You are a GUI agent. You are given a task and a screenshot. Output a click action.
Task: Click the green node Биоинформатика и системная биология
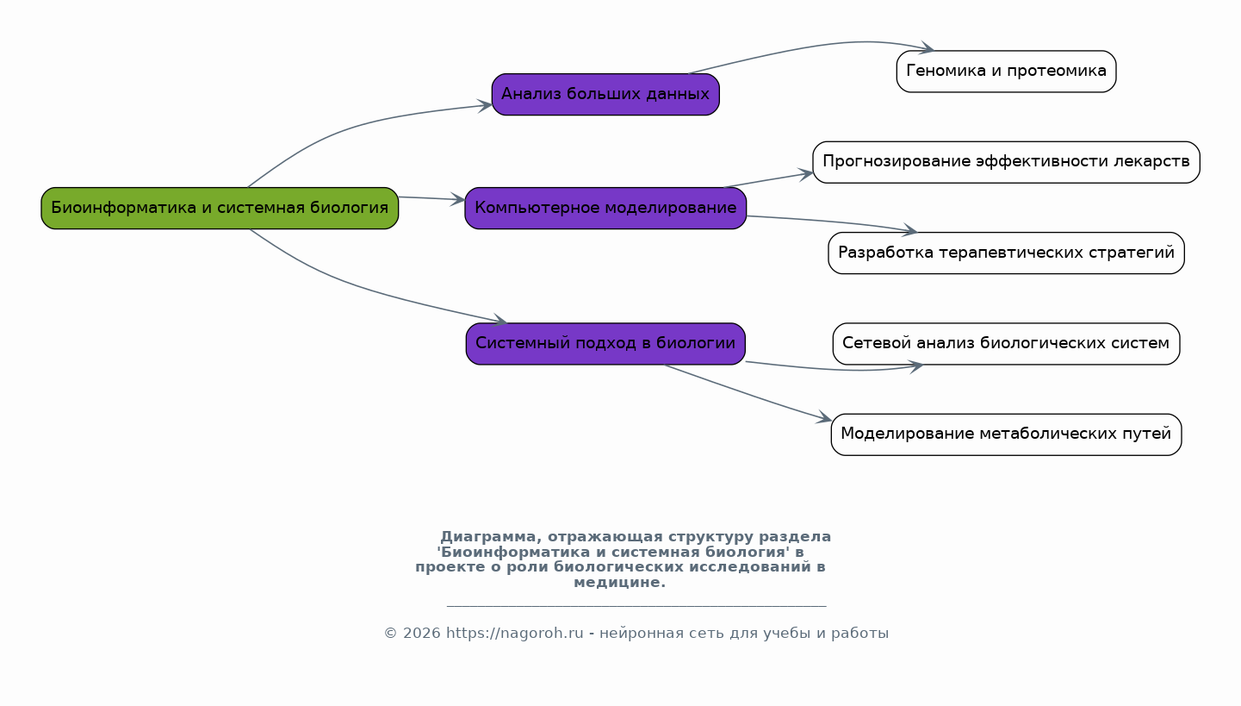tap(220, 208)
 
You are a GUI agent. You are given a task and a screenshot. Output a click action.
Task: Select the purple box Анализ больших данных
tap(605, 94)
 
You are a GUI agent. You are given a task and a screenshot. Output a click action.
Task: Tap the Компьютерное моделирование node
tap(605, 208)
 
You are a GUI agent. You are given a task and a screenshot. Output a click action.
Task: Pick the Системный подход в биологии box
tap(605, 343)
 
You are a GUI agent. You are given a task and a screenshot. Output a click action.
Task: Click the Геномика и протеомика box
tap(1006, 71)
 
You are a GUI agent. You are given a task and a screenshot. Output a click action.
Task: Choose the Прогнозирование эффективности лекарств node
tap(1006, 162)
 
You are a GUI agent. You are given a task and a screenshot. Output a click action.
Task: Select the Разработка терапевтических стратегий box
tap(1006, 253)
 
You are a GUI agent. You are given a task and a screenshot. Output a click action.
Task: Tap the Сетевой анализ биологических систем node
tap(1006, 343)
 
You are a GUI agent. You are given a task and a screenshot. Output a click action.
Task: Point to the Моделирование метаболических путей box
tap(1006, 434)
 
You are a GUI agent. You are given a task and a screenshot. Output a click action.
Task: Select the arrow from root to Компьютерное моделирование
tap(431, 199)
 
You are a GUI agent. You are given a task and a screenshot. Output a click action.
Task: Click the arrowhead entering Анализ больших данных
tap(486, 105)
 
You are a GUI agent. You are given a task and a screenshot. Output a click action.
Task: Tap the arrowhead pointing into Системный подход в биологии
tap(500, 322)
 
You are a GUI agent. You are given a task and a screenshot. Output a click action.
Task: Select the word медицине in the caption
tap(619, 583)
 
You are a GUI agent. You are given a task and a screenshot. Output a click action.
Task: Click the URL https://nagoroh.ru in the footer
tap(514, 634)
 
